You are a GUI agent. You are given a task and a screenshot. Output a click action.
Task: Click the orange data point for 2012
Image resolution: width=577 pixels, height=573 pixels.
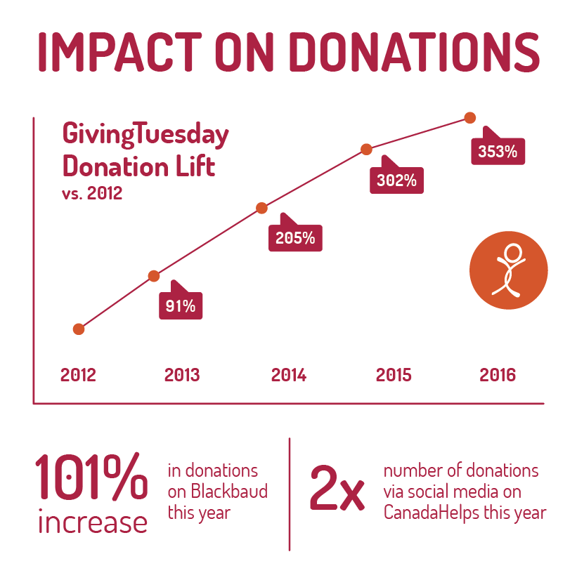pos(79,329)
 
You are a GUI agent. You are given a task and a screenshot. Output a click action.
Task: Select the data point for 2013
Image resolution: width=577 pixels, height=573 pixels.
pos(154,276)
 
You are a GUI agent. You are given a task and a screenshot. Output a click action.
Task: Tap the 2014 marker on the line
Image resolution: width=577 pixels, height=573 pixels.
pos(261,208)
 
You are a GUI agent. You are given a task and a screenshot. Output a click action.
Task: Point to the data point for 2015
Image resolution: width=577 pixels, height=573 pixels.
pos(366,149)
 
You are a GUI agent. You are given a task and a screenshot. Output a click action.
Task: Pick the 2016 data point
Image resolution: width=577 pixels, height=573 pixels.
pos(470,117)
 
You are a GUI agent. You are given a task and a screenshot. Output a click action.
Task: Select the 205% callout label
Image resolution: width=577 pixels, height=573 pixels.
pos(295,237)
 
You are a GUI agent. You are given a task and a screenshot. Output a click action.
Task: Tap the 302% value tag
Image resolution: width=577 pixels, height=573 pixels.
pos(396,180)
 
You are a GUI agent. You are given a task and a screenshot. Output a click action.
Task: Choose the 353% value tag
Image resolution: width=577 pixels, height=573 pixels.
pos(498,151)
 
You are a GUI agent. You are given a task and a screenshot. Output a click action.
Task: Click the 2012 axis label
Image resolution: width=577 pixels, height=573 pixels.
pos(78,375)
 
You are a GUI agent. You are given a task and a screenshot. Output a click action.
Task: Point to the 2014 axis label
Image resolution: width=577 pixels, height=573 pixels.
pos(289,375)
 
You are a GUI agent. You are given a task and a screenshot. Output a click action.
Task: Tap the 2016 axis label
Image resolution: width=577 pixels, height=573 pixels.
pos(498,375)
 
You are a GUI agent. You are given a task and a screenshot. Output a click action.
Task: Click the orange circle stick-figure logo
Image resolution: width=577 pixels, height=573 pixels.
pos(508,270)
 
